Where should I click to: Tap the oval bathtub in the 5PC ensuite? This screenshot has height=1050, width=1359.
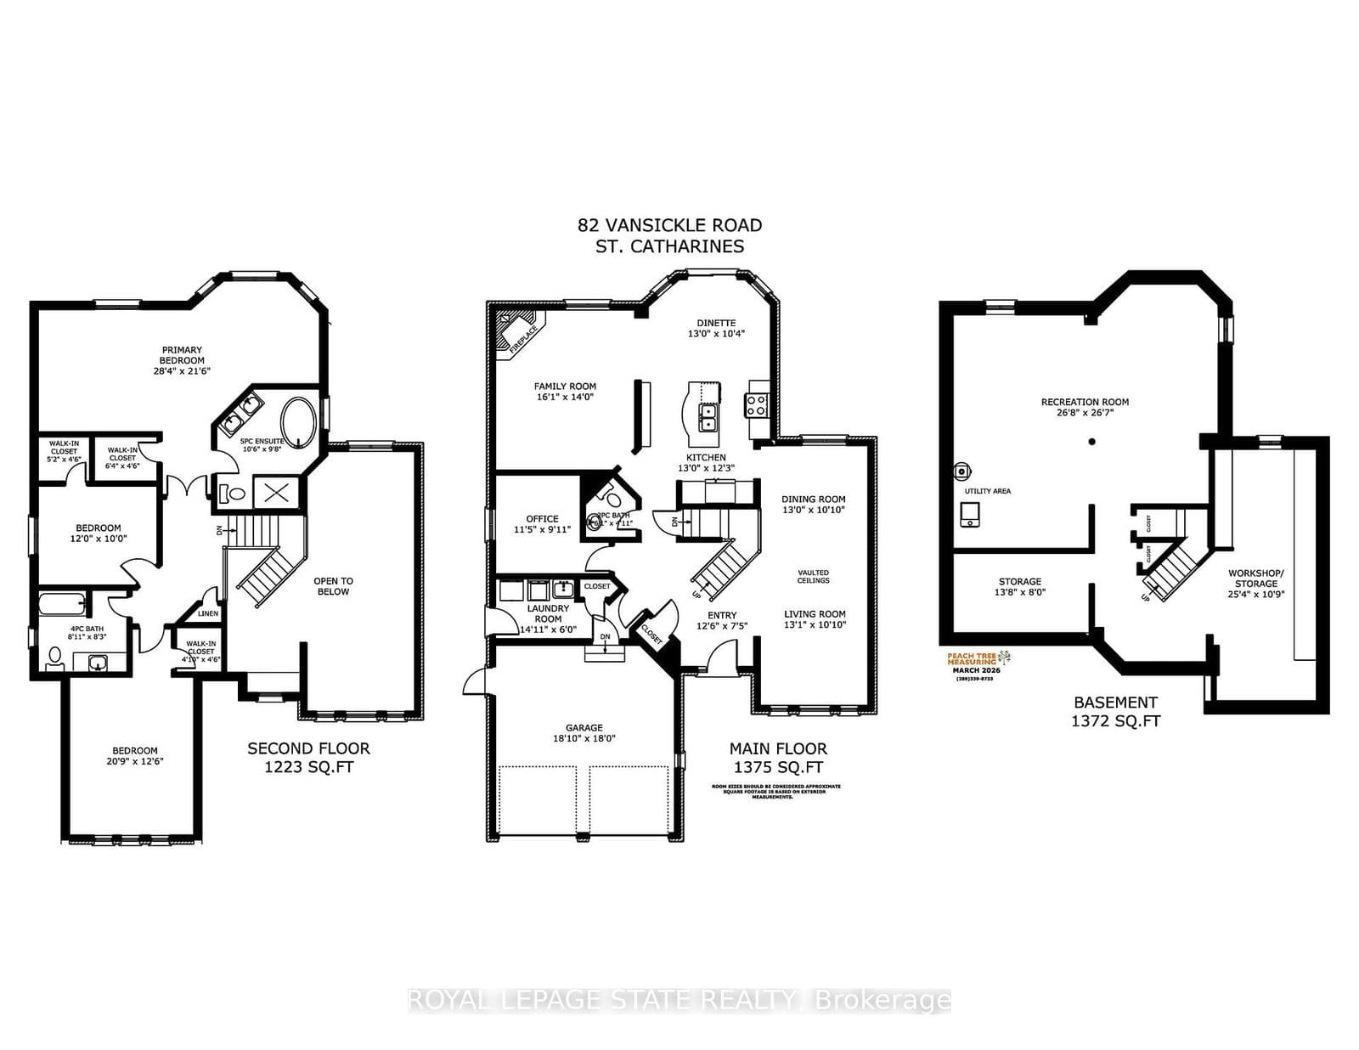297,420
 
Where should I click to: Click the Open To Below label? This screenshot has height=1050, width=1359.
333,586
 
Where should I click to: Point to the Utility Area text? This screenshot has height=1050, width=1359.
987,491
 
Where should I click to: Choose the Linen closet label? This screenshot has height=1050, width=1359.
208,613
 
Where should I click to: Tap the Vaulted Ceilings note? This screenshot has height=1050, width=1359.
813,576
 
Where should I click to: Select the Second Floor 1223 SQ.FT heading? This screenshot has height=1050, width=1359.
308,757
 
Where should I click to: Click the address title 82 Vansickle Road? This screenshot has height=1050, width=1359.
669,225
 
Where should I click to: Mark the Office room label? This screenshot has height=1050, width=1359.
542,518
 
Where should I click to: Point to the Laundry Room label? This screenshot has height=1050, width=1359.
548,613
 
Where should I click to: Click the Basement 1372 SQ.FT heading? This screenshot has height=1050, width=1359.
1115,711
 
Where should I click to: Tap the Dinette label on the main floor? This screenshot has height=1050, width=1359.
716,323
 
